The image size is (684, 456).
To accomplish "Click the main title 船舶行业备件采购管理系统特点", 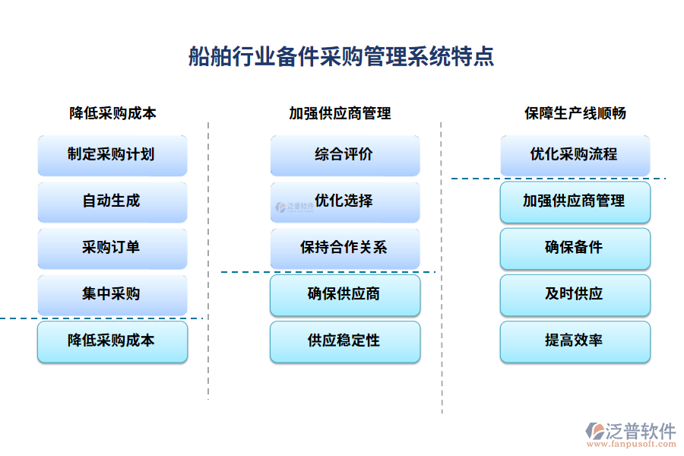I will (x=341, y=57).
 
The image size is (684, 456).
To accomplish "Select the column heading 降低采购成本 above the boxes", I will (x=112, y=113).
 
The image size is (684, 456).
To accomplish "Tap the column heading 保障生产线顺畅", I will (x=575, y=113).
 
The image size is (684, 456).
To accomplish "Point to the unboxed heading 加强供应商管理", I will (x=340, y=113).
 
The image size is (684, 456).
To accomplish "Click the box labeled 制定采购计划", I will (x=112, y=155).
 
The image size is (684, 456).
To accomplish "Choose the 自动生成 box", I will (x=112, y=201).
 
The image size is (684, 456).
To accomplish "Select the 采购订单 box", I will (x=112, y=248).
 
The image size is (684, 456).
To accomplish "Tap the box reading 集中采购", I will (x=112, y=294).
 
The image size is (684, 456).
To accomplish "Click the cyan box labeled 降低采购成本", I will (x=112, y=341).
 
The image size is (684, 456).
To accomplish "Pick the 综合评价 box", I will (x=344, y=155).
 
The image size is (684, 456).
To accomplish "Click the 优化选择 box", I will (x=344, y=201).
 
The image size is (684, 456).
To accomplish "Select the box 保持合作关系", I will (x=344, y=248).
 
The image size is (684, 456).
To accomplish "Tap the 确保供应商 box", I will (x=344, y=295).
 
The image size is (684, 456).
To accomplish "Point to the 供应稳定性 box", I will (x=344, y=341).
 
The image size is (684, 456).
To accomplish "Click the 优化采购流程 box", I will (x=575, y=155).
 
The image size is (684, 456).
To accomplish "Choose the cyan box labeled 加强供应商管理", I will (x=575, y=201).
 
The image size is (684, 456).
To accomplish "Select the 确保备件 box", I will (x=575, y=248).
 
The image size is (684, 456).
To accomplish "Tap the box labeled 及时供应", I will (x=575, y=295).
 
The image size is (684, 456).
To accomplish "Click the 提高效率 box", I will (x=575, y=341).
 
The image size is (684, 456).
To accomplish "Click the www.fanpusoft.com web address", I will (x=630, y=445).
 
